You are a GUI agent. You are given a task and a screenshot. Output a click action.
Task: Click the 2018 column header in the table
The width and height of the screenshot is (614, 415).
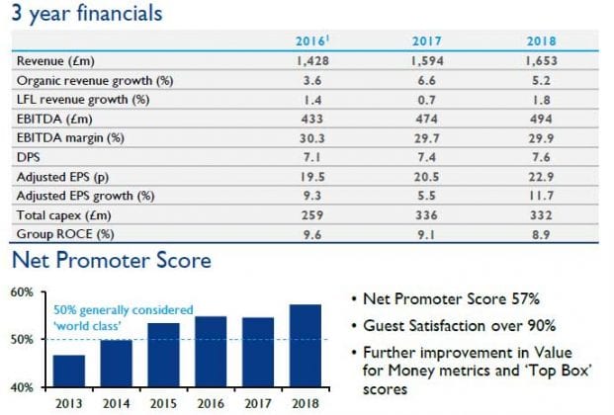tap(540, 42)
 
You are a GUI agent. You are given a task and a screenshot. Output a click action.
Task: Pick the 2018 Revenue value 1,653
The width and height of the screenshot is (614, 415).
tap(539, 61)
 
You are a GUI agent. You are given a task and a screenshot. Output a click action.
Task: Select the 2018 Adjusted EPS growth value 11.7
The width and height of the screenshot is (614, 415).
tap(540, 196)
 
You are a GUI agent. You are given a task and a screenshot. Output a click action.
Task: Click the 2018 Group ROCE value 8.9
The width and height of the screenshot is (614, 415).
tap(540, 234)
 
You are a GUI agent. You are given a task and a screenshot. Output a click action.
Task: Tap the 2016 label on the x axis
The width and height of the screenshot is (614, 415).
tap(212, 403)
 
